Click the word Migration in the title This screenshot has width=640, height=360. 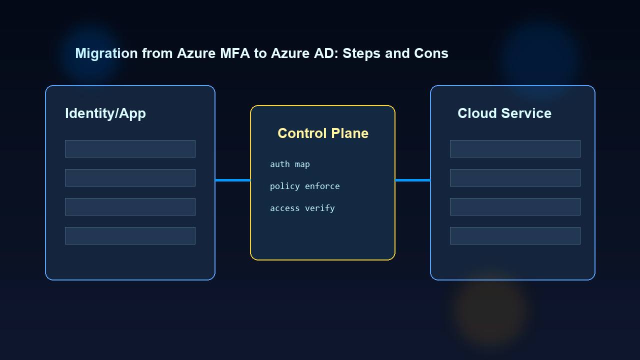click(106, 53)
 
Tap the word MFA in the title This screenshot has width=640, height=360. click(234, 53)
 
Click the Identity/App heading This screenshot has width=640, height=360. click(105, 113)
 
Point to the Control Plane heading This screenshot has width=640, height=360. click(323, 133)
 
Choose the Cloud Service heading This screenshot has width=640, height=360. click(504, 113)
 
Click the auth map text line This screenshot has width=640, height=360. click(290, 164)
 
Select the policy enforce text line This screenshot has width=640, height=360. click(305, 186)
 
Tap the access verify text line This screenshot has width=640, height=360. click(302, 208)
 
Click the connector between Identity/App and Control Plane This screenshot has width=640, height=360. click(232, 180)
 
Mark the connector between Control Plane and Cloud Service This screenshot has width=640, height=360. click(412, 180)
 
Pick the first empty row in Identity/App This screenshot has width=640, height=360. click(130, 148)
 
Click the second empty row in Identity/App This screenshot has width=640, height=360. click(130, 177)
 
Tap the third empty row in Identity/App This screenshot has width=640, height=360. click(130, 206)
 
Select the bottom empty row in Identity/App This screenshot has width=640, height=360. click(130, 235)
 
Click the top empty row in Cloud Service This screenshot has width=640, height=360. click(515, 148)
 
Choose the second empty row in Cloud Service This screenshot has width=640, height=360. click(515, 177)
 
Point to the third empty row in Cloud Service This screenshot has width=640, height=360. click(515, 206)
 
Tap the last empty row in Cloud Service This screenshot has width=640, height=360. click(515, 235)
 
